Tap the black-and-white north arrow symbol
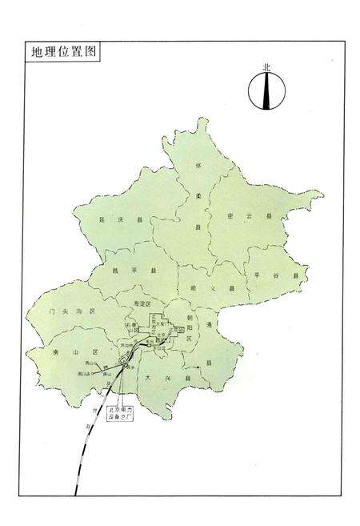pyautogui.click(x=265, y=90)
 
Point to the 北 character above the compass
pyautogui.click(x=266, y=68)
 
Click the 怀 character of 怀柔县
pyautogui.click(x=197, y=166)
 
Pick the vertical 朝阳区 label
pyautogui.click(x=190, y=328)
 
